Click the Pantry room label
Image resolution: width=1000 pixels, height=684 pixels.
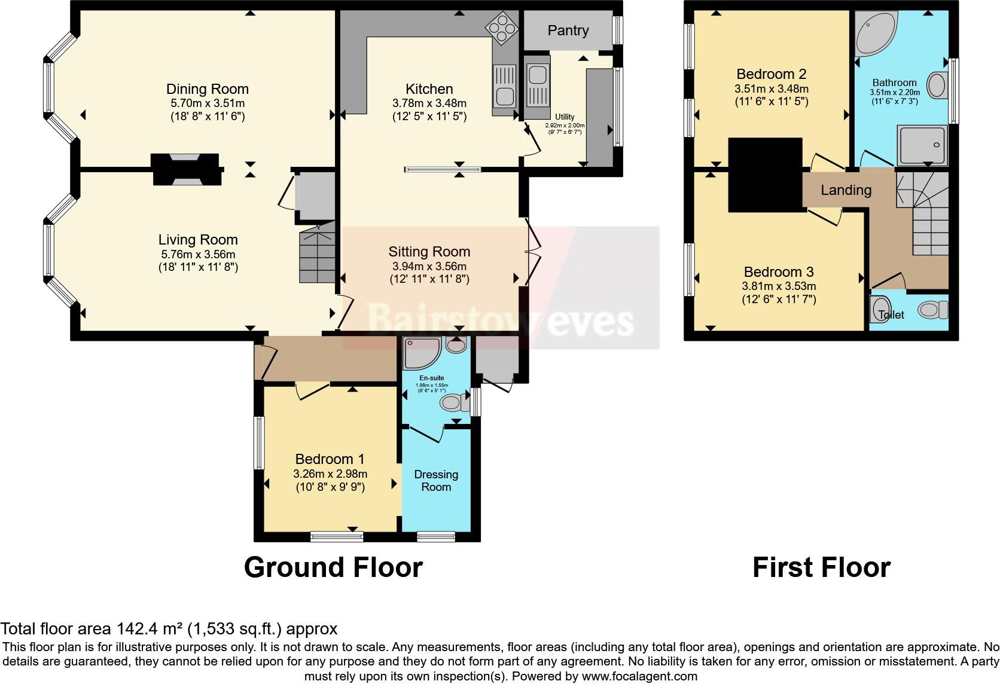pyautogui.click(x=568, y=30)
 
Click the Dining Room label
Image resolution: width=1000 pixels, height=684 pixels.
pyautogui.click(x=207, y=89)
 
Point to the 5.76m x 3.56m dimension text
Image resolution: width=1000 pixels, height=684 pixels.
pyautogui.click(x=198, y=254)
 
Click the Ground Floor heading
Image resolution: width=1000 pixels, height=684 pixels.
pyautogui.click(x=333, y=567)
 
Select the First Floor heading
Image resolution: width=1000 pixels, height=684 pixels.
pyautogui.click(x=821, y=567)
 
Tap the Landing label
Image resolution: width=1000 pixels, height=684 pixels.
pyautogui.click(x=846, y=190)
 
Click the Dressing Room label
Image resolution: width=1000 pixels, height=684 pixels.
pyautogui.click(x=436, y=481)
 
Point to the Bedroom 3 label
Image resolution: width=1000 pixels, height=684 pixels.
pyautogui.click(x=779, y=271)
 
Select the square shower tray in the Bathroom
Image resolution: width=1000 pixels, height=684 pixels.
pyautogui.click(x=921, y=145)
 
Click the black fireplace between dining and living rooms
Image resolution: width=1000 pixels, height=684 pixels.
pyautogui.click(x=185, y=170)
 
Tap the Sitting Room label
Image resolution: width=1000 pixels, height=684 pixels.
pyautogui.click(x=429, y=252)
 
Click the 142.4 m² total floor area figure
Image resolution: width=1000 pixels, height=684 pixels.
pyautogui.click(x=148, y=629)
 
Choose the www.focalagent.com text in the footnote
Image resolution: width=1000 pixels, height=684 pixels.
pyautogui.click(x=639, y=676)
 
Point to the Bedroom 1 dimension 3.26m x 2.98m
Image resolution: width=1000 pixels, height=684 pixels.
pyautogui.click(x=330, y=474)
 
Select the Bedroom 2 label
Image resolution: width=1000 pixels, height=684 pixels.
pyautogui.click(x=771, y=74)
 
